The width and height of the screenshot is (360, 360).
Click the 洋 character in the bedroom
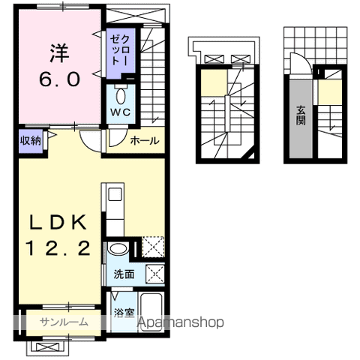pyautogui.click(x=59, y=53)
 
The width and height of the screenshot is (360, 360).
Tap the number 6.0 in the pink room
pyautogui.click(x=60, y=79)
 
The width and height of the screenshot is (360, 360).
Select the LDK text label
pyautogui.click(x=58, y=222)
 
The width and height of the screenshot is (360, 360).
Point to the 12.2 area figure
pyautogui.click(x=58, y=248)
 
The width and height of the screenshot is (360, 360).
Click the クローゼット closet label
pyautogui.click(x=120, y=50)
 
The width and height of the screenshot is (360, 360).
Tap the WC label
pyautogui.click(x=121, y=112)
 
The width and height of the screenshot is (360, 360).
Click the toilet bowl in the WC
pyautogui.click(x=121, y=96)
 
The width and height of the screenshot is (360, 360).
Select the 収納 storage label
pyautogui.click(x=31, y=140)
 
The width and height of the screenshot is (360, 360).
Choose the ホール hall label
pyautogui.click(x=145, y=141)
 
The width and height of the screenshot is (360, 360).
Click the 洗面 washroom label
pyautogui.click(x=124, y=274)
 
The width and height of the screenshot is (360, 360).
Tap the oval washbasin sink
pyautogui.click(x=118, y=249)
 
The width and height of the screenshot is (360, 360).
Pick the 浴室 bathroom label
pyautogui.click(x=124, y=313)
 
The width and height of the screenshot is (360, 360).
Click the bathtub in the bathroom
pyautogui.click(x=151, y=312)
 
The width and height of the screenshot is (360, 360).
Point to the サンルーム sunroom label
pyautogui.click(x=64, y=322)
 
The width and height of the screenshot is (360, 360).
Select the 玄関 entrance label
pyautogui.click(x=301, y=115)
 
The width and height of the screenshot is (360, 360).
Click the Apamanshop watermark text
pyautogui.click(x=181, y=322)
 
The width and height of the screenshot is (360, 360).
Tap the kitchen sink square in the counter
pyautogui.click(x=115, y=194)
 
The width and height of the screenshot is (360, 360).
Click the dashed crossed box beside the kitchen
pyautogui.click(x=153, y=247)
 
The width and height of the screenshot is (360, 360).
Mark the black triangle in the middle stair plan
pyautogui.click(x=250, y=154)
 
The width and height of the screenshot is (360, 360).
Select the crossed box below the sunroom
pyautogui.click(x=48, y=347)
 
